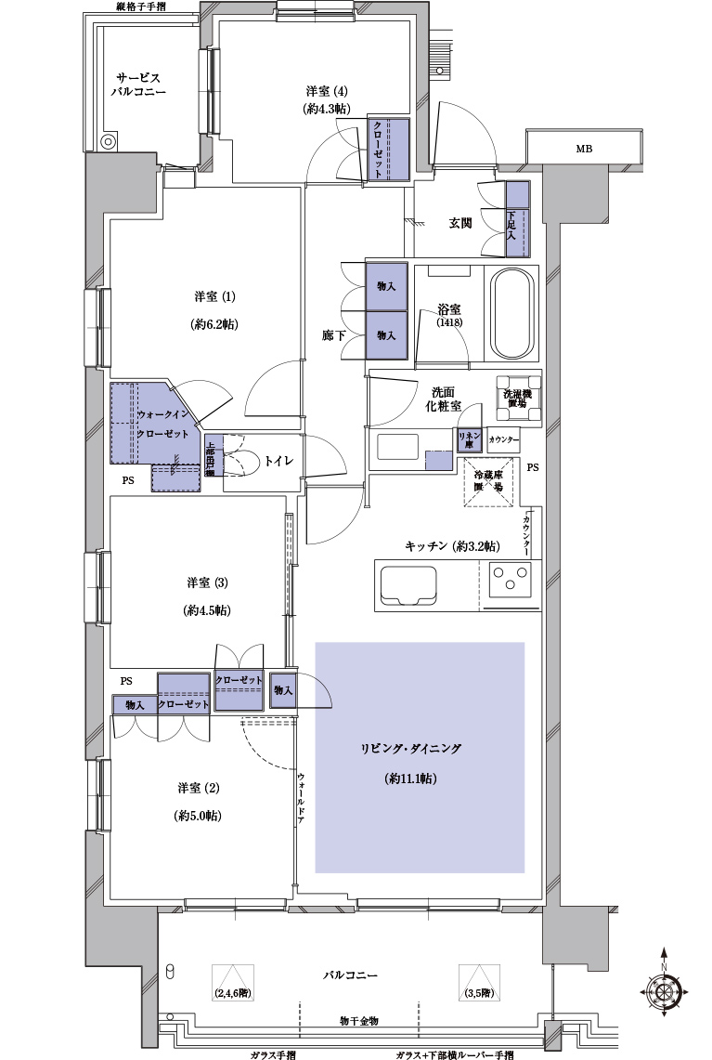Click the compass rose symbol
click(x=665, y=992)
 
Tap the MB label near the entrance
click(x=583, y=149)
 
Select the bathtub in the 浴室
click(x=513, y=314)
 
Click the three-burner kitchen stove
click(x=509, y=583)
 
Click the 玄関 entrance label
click(x=460, y=223)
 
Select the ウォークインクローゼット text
click(x=163, y=425)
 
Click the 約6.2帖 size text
click(x=214, y=324)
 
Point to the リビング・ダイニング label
click(x=410, y=749)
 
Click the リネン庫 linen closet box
click(x=467, y=438)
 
